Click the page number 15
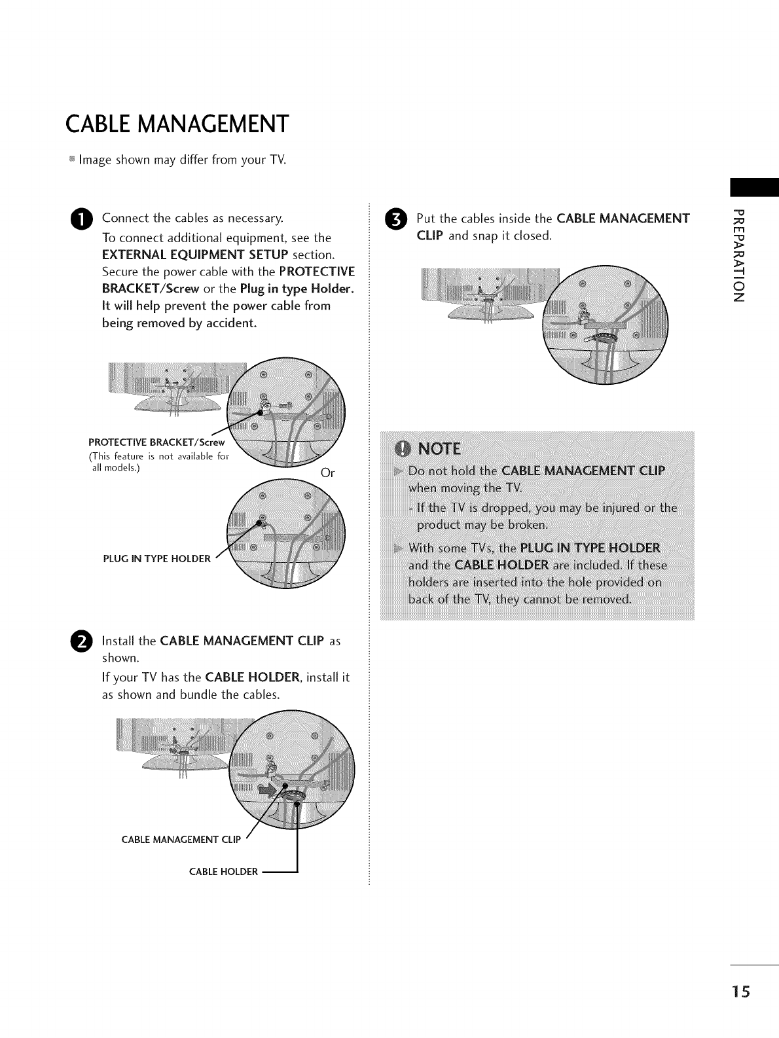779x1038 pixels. pyautogui.click(x=742, y=992)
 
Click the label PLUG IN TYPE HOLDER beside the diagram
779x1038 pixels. pyautogui.click(x=157, y=559)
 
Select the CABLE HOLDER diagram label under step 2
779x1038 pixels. pyautogui.click(x=223, y=872)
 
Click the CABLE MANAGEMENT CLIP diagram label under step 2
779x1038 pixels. pyautogui.click(x=181, y=840)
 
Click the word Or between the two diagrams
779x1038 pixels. pyautogui.click(x=328, y=473)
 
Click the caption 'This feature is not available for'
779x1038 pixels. pyautogui.click(x=159, y=456)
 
